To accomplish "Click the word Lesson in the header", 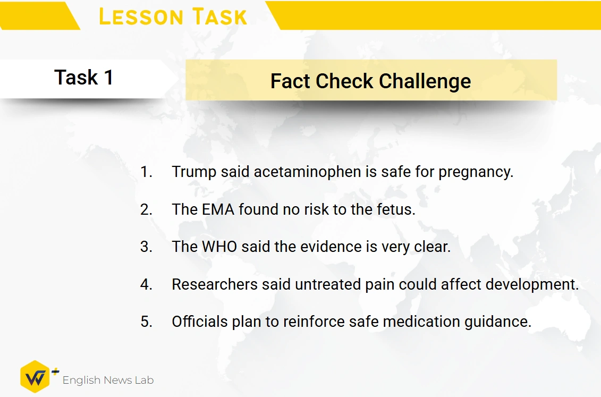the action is point(141,17).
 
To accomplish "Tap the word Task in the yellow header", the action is point(219,17).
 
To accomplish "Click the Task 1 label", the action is point(84,78).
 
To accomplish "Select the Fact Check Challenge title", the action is point(370,81).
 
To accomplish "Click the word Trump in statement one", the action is point(194,172).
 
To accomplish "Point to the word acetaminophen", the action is point(308,172).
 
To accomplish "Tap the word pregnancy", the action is point(476,172).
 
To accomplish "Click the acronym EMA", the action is point(218,209).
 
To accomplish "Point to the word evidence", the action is point(331,247).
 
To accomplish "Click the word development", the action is point(532,285).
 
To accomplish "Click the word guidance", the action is point(498,322).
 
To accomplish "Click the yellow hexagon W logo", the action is point(35,377).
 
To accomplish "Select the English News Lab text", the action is point(108,380).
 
